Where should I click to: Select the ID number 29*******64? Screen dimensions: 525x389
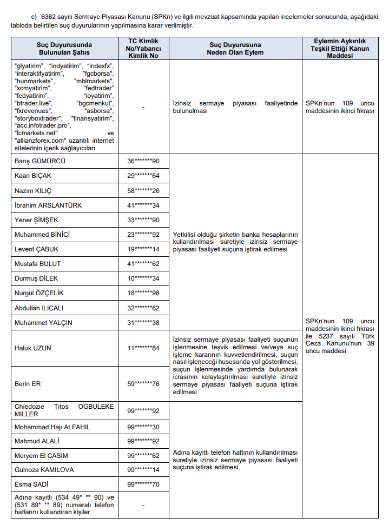tap(143, 176)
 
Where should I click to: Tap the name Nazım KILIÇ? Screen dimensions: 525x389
tap(34, 191)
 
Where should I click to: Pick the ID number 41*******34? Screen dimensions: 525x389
tap(143, 205)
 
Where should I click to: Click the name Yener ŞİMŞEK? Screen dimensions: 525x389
tap(36, 220)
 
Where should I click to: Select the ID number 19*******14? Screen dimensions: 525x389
tap(143, 249)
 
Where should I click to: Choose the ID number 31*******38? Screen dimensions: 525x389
tap(143, 323)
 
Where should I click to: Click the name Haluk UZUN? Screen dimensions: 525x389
tap(32, 348)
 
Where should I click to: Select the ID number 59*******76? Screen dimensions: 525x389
tap(143, 384)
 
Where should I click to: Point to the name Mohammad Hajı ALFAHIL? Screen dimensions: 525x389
tap(52, 427)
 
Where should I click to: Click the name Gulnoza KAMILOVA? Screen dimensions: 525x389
tap(44, 470)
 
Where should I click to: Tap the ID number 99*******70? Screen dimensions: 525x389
tap(143, 484)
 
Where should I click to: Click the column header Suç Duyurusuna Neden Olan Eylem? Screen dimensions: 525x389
tap(235, 48)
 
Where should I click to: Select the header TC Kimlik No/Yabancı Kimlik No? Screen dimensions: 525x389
tap(143, 48)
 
